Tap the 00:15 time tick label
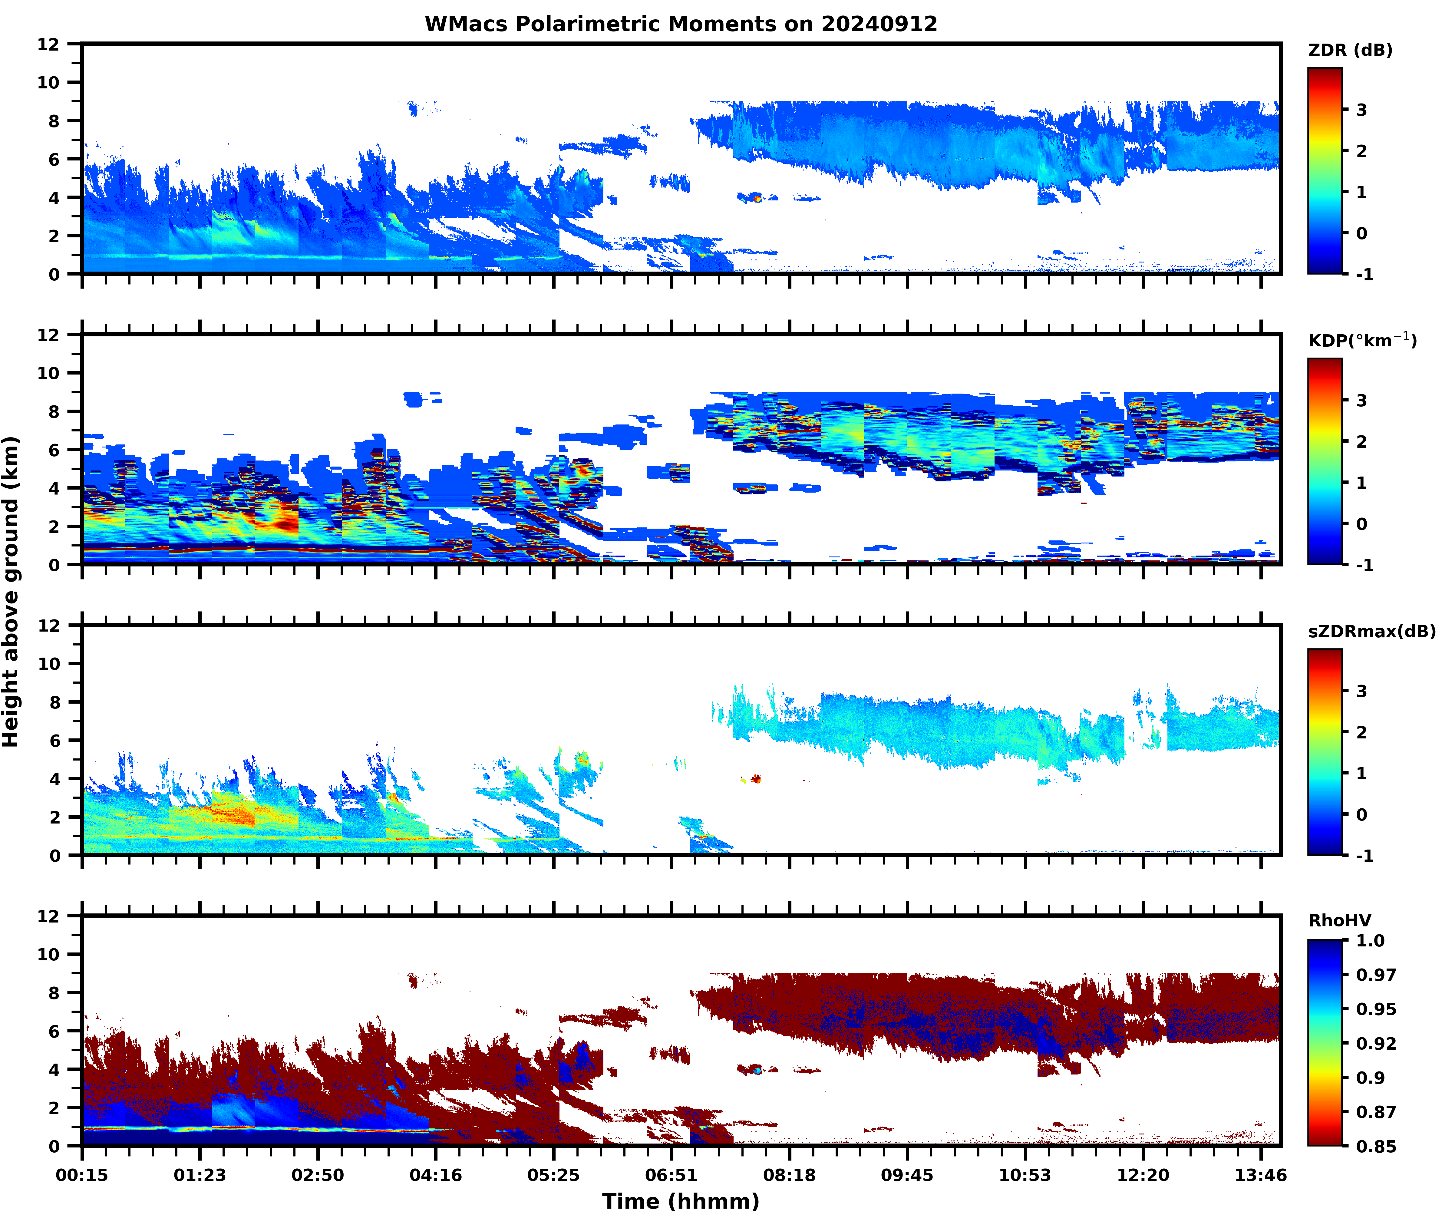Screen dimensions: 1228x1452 (x=82, y=1175)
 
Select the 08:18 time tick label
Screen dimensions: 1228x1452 (x=789, y=1175)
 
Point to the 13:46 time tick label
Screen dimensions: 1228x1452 (x=1261, y=1175)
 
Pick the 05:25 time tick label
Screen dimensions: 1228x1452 (x=553, y=1175)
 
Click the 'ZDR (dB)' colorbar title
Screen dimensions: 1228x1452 (x=1350, y=50)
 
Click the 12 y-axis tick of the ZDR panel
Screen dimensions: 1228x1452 (x=49, y=44)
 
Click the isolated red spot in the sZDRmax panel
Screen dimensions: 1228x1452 (x=756, y=779)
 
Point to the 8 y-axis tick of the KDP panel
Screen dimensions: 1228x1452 (x=54, y=411)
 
